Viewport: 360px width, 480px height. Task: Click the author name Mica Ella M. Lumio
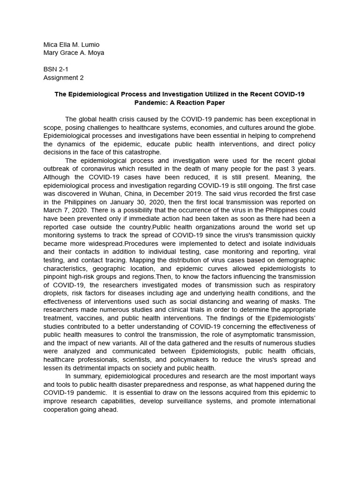click(71, 45)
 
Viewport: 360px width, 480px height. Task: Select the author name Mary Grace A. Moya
click(74, 52)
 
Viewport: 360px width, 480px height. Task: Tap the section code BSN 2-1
click(55, 69)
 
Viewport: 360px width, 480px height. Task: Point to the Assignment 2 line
click(63, 78)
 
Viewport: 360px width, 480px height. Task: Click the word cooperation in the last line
click(61, 410)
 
